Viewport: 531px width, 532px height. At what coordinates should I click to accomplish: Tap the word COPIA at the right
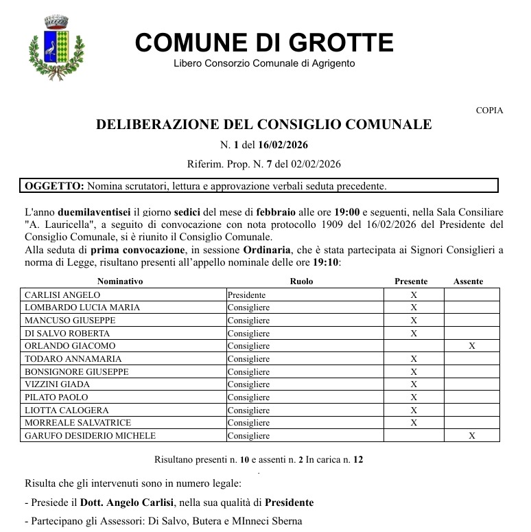489,111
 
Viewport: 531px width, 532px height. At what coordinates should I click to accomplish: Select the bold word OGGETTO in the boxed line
54,185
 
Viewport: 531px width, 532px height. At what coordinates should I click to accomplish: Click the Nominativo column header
120,281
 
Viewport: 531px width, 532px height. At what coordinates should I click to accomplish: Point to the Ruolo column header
302,281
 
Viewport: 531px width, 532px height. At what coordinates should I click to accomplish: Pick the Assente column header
469,281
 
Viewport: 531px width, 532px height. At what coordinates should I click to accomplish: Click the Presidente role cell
246,294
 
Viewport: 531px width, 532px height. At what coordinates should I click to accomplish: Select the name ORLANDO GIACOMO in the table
70,346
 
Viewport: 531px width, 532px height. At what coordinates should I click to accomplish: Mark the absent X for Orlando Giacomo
472,346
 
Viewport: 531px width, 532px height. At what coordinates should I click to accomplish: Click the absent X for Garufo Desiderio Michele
472,435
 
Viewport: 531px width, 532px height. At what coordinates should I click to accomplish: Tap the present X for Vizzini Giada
414,384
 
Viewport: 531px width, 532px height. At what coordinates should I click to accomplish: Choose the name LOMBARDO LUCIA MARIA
82,308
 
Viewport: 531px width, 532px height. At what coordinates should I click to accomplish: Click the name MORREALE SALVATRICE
78,423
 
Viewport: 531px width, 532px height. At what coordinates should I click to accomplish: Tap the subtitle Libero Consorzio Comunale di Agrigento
264,64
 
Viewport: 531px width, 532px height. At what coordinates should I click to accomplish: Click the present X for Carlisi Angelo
414,294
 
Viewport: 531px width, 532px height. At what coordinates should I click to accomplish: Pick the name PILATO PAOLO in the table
56,397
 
